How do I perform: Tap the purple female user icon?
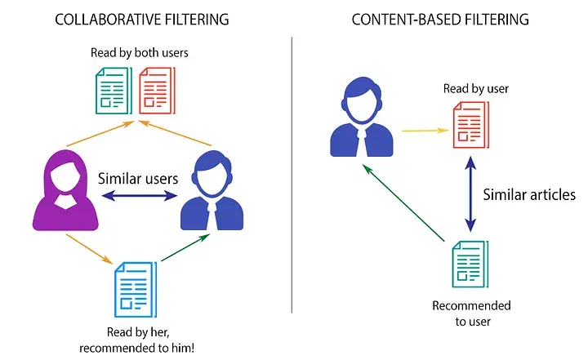point(58,188)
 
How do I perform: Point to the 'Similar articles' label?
point(529,194)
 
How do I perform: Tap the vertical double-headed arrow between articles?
point(470,196)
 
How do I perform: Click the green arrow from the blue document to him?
point(185,249)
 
